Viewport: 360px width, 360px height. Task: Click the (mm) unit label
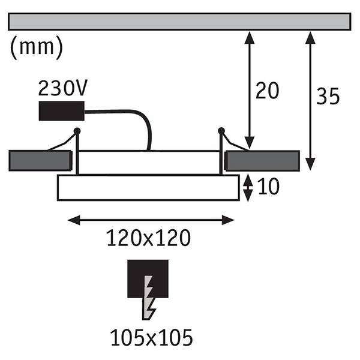coord(36,47)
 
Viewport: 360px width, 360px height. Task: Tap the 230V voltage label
coord(62,88)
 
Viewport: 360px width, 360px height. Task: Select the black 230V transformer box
coord(62,111)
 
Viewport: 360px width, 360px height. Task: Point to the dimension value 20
coord(267,91)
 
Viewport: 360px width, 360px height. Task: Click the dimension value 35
coord(328,96)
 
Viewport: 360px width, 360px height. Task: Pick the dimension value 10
coord(268,187)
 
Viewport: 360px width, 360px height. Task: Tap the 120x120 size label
coord(149,238)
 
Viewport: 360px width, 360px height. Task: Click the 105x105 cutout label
coord(152,337)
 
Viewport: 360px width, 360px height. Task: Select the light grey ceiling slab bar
coord(179,22)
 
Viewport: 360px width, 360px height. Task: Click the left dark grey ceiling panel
coord(40,161)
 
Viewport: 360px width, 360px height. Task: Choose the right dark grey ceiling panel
coord(262,161)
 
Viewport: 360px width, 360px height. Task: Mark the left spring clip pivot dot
coord(77,131)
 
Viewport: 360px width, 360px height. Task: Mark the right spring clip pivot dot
coord(221,131)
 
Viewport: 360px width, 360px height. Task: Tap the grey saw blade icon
coord(149,298)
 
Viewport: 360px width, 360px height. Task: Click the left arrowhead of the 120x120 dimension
coord(74,220)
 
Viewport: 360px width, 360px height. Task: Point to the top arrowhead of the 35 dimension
coord(310,38)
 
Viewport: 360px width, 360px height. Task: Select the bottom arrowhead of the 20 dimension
coord(250,143)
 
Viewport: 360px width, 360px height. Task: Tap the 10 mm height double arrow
coord(248,188)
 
